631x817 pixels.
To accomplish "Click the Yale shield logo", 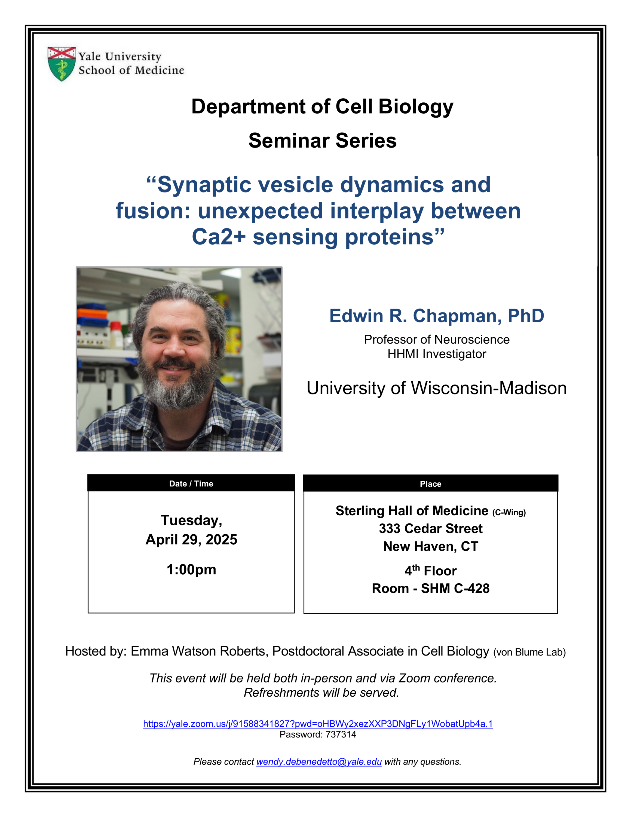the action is click(x=62, y=64).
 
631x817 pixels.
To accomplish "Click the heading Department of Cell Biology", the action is click(x=322, y=106).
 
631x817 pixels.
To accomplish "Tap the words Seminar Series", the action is click(x=322, y=141).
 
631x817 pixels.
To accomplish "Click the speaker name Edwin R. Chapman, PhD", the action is click(x=437, y=316).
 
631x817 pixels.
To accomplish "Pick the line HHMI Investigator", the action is click(x=437, y=354).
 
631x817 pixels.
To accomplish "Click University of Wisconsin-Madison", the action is click(x=437, y=388).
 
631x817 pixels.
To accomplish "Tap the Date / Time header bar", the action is click(x=191, y=483).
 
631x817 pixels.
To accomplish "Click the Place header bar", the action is click(x=431, y=484).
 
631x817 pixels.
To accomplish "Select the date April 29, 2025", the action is click(x=191, y=539).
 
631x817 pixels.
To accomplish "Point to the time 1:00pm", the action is click(x=191, y=570).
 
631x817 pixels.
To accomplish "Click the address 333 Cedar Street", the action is click(x=431, y=529).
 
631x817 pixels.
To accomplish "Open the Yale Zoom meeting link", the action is click(x=318, y=724).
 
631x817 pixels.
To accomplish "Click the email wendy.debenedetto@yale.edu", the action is click(x=319, y=762).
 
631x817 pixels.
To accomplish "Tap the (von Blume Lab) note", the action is click(x=529, y=653).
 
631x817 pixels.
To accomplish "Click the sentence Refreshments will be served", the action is click(x=321, y=693).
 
